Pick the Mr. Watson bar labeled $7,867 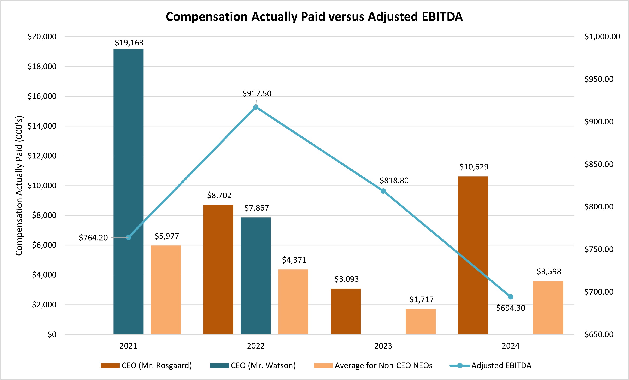[255, 276]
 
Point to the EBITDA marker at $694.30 [510, 297]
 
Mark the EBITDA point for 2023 [383, 191]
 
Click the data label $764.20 [93, 238]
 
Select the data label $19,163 [129, 43]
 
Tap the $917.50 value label [257, 94]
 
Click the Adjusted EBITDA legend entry [501, 365]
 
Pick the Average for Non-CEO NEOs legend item [383, 365]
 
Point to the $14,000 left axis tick [42, 126]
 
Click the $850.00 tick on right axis [599, 164]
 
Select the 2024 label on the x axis [510, 346]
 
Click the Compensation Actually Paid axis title [19, 186]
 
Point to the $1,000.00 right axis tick [602, 37]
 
